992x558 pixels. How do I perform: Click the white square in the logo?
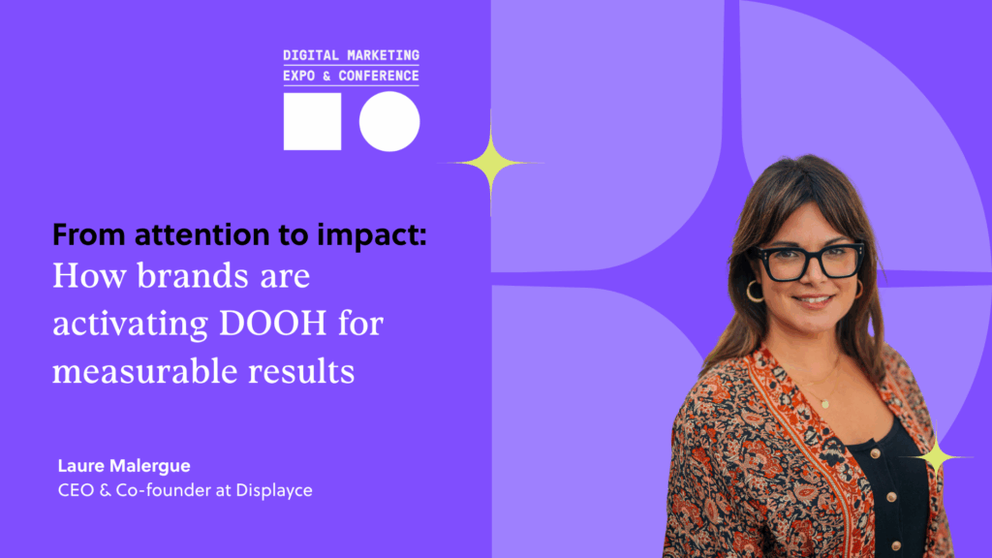(313, 121)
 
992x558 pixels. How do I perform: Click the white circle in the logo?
(389, 121)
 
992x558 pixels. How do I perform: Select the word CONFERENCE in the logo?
(379, 76)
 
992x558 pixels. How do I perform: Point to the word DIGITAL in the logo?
(302, 55)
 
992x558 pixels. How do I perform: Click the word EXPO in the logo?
(298, 76)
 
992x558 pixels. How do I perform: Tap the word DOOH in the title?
(272, 324)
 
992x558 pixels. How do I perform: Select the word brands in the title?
(193, 276)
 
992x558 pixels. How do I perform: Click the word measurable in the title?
(143, 371)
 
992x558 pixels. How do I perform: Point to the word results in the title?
(301, 371)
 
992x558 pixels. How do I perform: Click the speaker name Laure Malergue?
(124, 466)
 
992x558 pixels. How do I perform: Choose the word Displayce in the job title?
(274, 491)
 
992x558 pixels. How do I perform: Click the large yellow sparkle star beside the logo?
(491, 163)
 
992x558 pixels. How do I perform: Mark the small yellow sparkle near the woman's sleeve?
(937, 455)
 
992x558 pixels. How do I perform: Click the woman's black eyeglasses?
(810, 261)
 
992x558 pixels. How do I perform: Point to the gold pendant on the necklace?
(825, 404)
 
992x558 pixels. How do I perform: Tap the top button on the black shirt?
(876, 453)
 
